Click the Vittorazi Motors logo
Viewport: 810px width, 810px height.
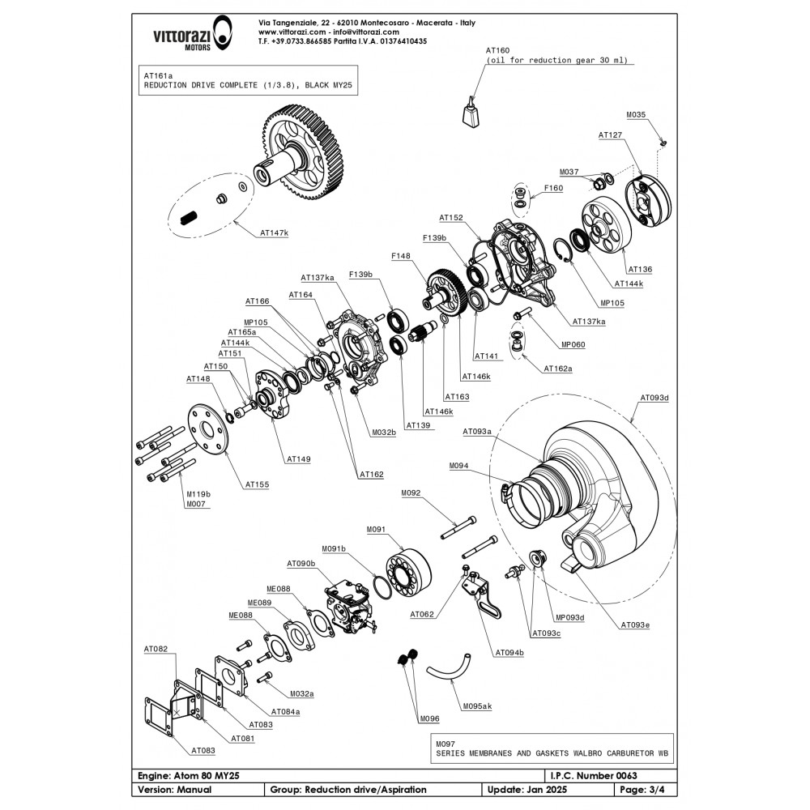185,36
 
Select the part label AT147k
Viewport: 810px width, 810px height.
274,232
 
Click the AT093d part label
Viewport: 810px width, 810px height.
654,398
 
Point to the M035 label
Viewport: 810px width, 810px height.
636,115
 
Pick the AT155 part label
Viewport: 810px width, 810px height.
257,484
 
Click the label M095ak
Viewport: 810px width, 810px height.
477,706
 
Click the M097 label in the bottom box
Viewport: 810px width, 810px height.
446,742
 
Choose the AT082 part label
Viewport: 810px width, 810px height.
156,649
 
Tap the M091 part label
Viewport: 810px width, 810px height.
377,529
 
